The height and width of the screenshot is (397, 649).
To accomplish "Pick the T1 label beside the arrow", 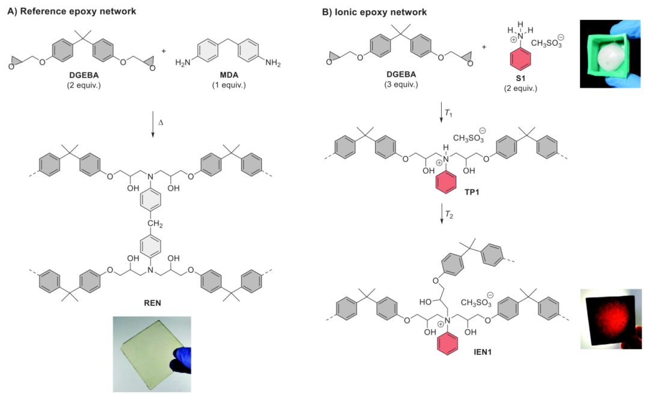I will [x=449, y=114].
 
